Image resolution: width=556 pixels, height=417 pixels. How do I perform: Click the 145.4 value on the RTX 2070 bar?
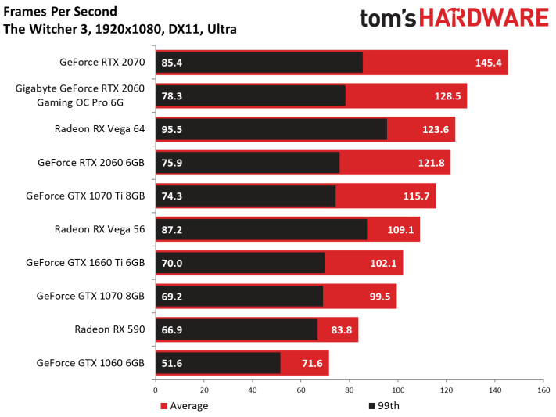pyautogui.click(x=489, y=63)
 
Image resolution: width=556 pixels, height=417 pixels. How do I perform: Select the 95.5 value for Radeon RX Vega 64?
pyautogui.click(x=172, y=130)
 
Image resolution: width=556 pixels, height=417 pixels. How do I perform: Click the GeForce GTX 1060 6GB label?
pyautogui.click(x=91, y=363)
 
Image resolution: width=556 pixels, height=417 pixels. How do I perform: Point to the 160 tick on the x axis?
pyautogui.click(x=542, y=390)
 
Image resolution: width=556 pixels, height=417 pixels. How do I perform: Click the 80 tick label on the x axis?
pyautogui.click(x=349, y=390)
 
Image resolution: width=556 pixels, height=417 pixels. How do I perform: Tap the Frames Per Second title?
pyautogui.click(x=61, y=13)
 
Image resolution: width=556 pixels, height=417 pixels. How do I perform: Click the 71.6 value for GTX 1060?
pyautogui.click(x=313, y=364)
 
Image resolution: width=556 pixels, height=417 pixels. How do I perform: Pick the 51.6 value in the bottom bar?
pyautogui.click(x=172, y=364)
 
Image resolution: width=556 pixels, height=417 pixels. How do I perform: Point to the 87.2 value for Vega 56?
pyautogui.click(x=172, y=230)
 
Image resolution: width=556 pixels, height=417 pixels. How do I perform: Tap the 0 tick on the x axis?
pyautogui.click(x=156, y=390)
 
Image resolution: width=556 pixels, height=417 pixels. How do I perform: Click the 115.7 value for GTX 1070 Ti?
pyautogui.click(x=417, y=196)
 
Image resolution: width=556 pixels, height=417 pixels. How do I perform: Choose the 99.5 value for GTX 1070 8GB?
pyautogui.click(x=379, y=297)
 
